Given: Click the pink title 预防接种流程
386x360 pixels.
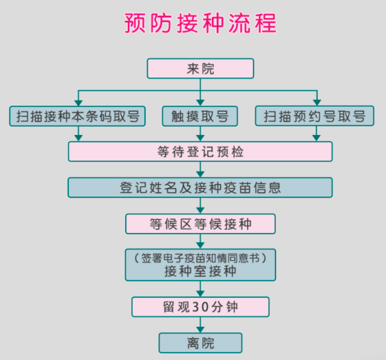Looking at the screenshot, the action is pos(201,23).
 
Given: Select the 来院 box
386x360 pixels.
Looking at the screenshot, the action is pos(201,68).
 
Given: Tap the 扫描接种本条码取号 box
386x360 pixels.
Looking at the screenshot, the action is pos(77,116).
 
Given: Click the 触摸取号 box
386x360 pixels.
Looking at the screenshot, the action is pos(200,116).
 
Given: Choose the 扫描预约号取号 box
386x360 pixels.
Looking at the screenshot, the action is pos(314,116).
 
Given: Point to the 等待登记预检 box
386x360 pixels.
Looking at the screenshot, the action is pos(201,152).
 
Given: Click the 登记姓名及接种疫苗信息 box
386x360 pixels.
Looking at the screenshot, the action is pos(200,187).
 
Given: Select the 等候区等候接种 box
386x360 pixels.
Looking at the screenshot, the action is pos(201,224).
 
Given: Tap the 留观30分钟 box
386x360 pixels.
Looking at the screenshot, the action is pos(201,307).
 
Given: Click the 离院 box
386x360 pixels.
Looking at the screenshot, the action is pos(201,343).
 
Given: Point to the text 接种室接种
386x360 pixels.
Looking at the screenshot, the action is pos(201,271).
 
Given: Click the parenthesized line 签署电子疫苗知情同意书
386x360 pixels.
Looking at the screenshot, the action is pos(201,258).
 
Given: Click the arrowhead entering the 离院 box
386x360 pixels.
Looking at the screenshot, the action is pos(201,330).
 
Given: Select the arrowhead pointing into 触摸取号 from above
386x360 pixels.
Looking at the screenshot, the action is pos(201,103).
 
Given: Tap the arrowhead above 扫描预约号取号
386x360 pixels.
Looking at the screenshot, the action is pos(317,103).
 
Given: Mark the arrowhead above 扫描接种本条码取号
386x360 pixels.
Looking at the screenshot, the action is pos(78,103).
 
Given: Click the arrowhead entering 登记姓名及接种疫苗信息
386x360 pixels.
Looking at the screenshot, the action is pos(201,174).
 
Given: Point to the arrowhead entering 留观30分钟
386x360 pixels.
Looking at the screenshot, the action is pos(201,294).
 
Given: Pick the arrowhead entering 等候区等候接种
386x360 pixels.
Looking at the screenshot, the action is pos(201,210).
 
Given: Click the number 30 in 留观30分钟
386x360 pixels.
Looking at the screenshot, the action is pos(201,307).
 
